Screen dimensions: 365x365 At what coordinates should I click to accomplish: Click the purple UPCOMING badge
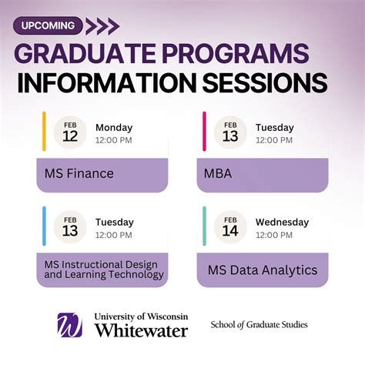coord(48,25)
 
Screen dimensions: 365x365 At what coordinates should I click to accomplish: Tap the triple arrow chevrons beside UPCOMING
coord(102,26)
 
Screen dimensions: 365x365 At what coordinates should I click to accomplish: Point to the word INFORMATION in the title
coord(114,82)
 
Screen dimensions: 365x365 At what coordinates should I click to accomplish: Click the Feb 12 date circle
coord(70,133)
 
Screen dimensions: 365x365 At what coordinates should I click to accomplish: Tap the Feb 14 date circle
coord(230,228)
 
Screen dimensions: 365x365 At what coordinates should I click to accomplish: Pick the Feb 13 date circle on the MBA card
coord(230,133)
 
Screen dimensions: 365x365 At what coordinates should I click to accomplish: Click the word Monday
coord(114,128)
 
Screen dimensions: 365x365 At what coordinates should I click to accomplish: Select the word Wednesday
coord(282,223)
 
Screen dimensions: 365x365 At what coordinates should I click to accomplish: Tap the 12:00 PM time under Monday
coord(114,140)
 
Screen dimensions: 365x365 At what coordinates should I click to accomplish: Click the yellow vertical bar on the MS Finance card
coord(45,131)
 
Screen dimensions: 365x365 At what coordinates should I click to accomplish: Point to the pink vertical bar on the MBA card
coord(204,131)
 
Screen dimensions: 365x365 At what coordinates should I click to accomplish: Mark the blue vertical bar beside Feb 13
coord(45,226)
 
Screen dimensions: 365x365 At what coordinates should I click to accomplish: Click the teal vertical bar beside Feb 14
coord(204,226)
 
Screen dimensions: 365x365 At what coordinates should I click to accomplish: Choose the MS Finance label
coord(75,173)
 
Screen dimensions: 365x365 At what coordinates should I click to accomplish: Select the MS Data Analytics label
coord(262,270)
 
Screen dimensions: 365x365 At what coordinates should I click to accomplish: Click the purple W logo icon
coord(70,324)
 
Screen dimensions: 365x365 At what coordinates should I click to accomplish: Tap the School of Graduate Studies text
coord(259,325)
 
